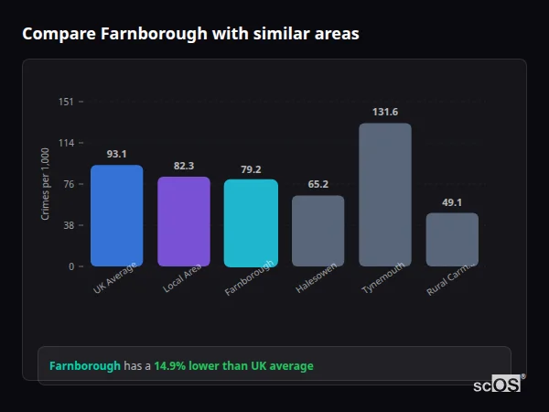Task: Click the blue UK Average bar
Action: pyautogui.click(x=116, y=216)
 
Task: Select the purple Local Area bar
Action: pyautogui.click(x=184, y=222)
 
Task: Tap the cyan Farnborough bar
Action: pyautogui.click(x=251, y=222)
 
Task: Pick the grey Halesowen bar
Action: pyautogui.click(x=318, y=231)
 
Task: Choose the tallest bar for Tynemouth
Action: pyautogui.click(x=385, y=194)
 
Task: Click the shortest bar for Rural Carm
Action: pyautogui.click(x=452, y=240)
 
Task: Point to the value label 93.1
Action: pyautogui.click(x=116, y=154)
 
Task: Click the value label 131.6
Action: pyautogui.click(x=385, y=112)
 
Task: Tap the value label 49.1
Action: pyautogui.click(x=452, y=202)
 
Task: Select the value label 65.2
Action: pyautogui.click(x=318, y=184)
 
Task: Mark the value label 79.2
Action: pyautogui.click(x=251, y=168)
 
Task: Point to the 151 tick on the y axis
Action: pyautogui.click(x=66, y=102)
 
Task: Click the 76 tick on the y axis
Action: pyautogui.click(x=68, y=184)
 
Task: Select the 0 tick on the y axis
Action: pyautogui.click(x=70, y=266)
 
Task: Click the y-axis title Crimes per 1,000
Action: pyautogui.click(x=46, y=184)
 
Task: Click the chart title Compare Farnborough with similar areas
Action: pyautogui.click(x=190, y=34)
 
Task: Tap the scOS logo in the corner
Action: pyautogui.click(x=498, y=385)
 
